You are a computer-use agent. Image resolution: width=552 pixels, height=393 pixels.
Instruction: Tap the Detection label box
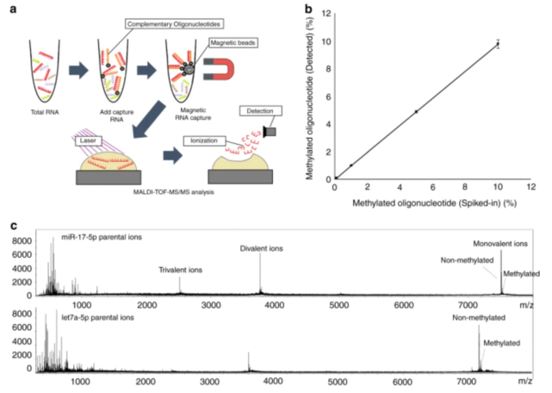click(260, 113)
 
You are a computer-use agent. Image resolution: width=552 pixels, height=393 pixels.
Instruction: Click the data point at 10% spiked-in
click(498, 44)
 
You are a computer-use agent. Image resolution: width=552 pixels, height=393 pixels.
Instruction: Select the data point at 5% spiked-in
click(416, 111)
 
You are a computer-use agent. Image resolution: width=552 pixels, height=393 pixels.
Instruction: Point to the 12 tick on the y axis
click(324, 13)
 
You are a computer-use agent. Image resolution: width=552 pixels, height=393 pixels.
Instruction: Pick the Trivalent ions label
click(179, 269)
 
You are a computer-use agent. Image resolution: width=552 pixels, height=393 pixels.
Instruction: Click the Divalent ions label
click(261, 250)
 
